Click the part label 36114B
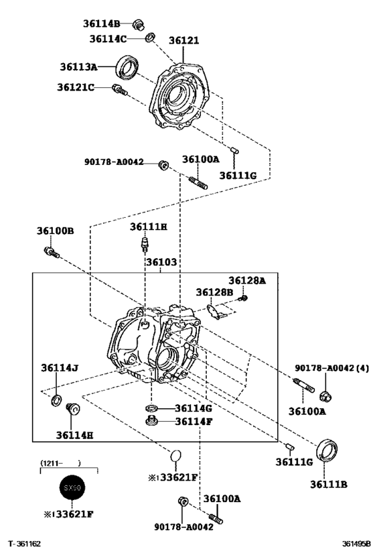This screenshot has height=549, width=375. click(101, 23)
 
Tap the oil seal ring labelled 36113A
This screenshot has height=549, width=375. click(127, 66)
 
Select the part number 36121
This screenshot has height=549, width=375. click(183, 40)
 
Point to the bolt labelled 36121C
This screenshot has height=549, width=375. click(120, 90)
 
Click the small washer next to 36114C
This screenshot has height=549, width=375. click(151, 37)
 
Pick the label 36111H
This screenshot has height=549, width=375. click(148, 227)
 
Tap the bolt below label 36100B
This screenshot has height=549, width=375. click(52, 253)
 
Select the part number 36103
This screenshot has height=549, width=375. click(161, 262)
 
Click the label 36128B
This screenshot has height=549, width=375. click(214, 292)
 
